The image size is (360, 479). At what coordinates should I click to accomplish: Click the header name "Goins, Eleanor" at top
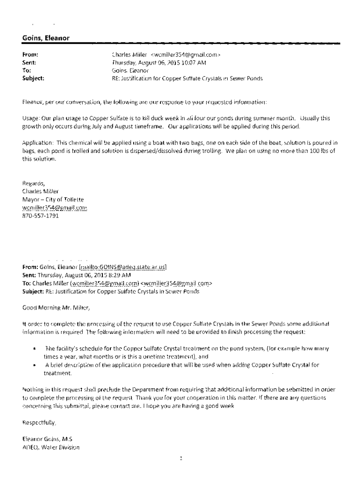[46, 38]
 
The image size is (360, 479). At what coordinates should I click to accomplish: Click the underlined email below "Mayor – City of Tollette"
[55, 207]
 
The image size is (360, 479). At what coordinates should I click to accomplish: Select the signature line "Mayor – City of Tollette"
[53, 199]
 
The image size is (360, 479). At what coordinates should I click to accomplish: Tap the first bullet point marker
[34, 348]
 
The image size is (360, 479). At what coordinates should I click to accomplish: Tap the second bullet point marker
[34, 365]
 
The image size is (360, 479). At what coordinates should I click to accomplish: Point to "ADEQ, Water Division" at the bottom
[51, 447]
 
